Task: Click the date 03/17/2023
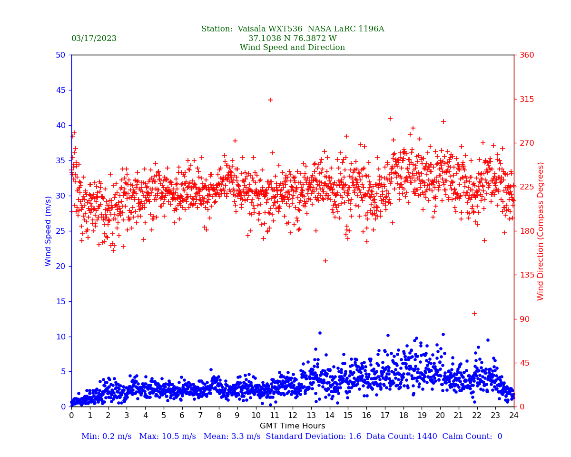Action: coord(94,39)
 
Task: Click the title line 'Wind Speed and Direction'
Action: coord(292,48)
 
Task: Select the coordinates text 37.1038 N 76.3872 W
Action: coord(292,39)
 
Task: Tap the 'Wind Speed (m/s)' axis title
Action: coord(49,231)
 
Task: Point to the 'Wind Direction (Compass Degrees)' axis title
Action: coord(541,231)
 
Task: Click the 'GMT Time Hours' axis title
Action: coord(292,426)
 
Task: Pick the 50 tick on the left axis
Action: coord(60,55)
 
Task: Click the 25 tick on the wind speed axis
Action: coord(60,231)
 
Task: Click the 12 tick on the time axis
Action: coord(293,416)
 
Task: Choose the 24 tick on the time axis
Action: coord(514,416)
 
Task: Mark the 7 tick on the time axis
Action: coord(200,416)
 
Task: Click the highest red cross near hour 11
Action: coord(270,100)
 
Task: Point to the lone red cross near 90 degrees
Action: coord(474,314)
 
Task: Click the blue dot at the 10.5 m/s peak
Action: coord(320,333)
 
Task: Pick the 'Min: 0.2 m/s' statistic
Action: coord(106,437)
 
